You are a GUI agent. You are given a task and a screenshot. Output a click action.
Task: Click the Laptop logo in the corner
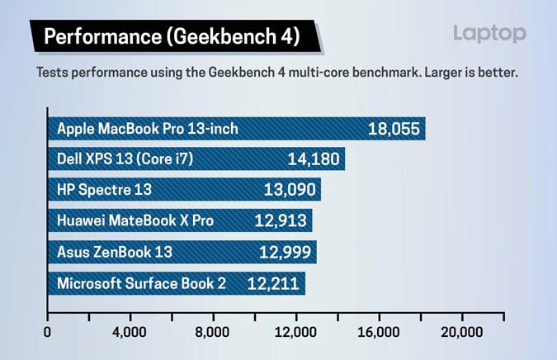click(x=489, y=34)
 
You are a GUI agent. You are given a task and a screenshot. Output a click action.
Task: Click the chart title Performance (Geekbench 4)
click(x=171, y=36)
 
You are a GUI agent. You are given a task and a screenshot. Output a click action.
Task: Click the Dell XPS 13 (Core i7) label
click(x=125, y=159)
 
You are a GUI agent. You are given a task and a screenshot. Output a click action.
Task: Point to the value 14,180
click(x=314, y=159)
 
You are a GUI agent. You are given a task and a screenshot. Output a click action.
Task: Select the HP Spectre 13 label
click(x=105, y=190)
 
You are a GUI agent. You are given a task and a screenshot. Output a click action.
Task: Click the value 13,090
click(x=290, y=190)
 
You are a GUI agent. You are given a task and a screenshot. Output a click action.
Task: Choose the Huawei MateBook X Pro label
click(x=135, y=220)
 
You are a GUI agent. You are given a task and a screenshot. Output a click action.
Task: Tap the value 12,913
click(x=281, y=220)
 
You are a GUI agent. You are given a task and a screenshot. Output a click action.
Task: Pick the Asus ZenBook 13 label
click(x=115, y=252)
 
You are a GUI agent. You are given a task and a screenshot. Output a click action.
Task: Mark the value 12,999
click(x=285, y=252)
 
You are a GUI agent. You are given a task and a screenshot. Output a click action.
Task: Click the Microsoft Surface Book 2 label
click(x=141, y=283)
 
